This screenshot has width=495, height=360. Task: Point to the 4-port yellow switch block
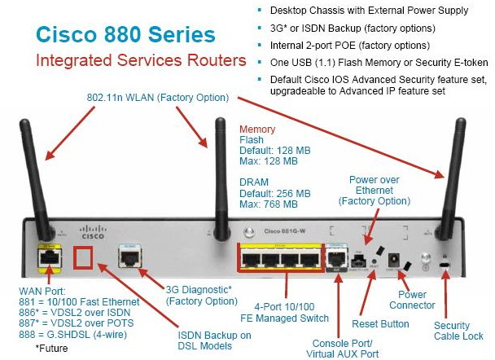[x=278, y=258]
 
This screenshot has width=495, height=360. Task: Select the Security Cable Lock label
[x=456, y=331]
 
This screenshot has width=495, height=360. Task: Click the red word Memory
[x=257, y=129]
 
